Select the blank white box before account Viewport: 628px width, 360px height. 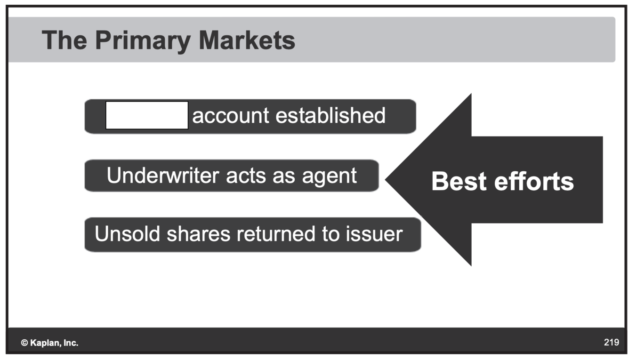point(147,115)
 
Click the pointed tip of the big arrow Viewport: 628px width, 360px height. point(387,179)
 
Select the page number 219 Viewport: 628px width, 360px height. point(611,343)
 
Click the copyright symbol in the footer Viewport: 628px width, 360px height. point(24,343)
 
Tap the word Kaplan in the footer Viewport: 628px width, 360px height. point(45,343)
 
